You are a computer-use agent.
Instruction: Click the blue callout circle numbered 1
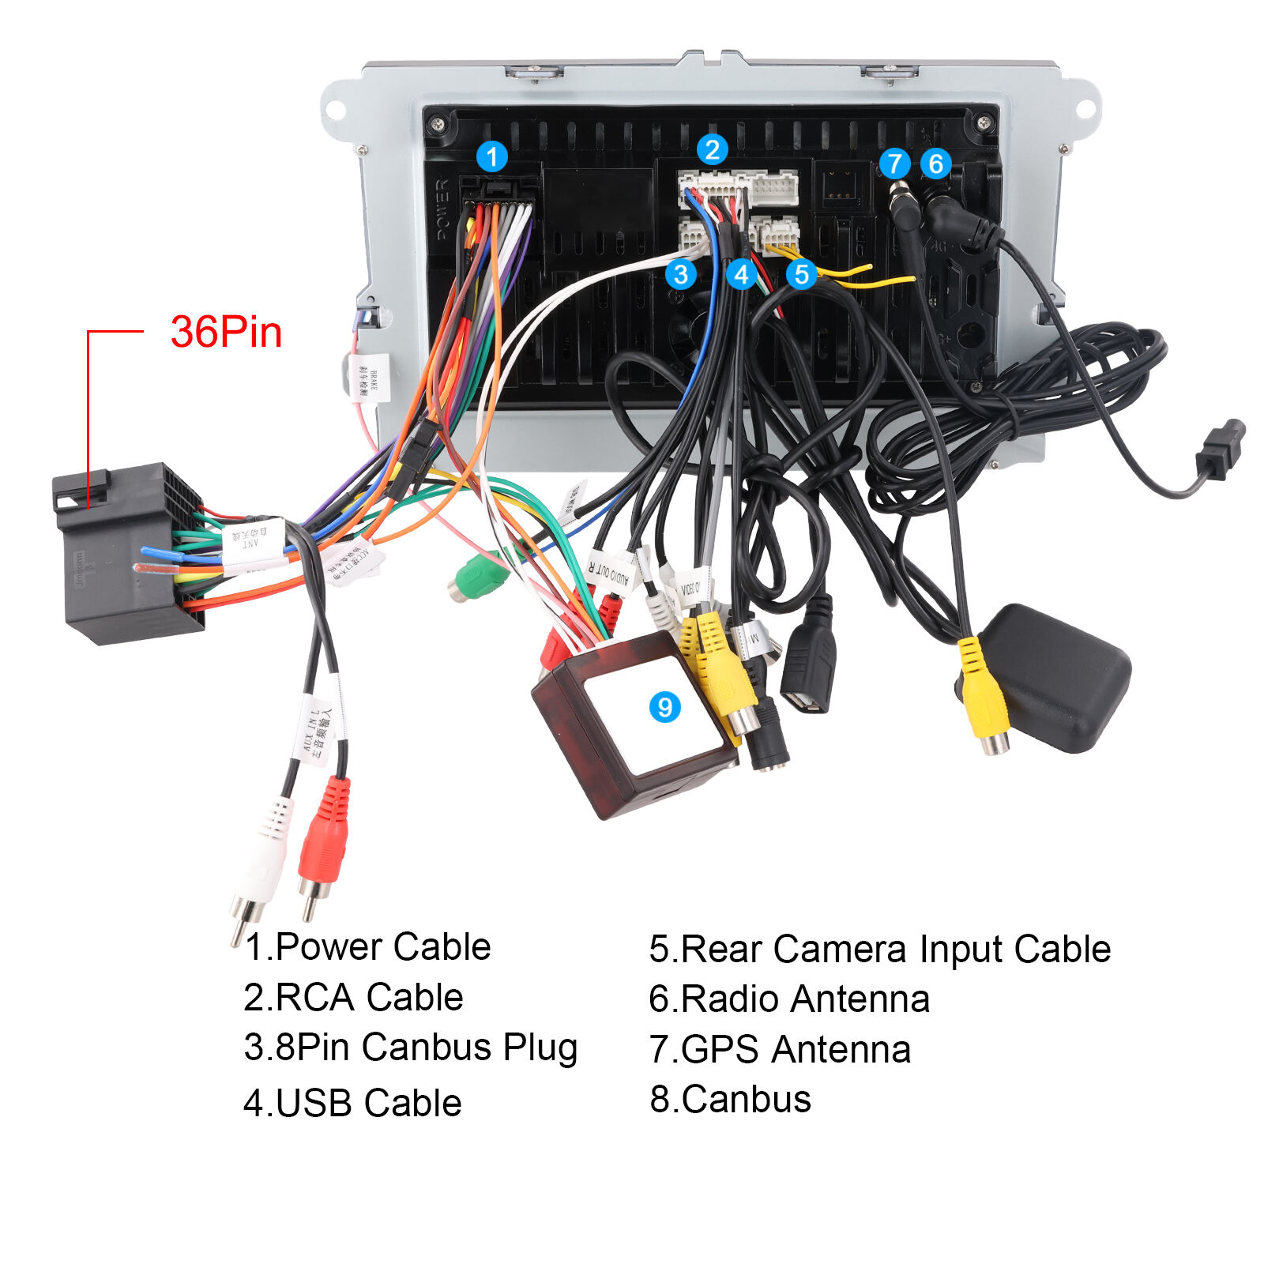(x=492, y=156)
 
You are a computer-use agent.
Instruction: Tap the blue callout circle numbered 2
(x=712, y=149)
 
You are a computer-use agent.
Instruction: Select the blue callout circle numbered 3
(x=680, y=274)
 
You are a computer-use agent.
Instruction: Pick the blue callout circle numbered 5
(x=801, y=274)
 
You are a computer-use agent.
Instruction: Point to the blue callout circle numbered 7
(x=894, y=164)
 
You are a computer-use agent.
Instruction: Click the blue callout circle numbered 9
(x=664, y=706)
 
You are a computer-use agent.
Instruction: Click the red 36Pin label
(x=226, y=332)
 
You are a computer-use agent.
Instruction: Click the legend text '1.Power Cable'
(x=367, y=946)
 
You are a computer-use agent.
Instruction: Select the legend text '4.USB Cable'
(x=352, y=1103)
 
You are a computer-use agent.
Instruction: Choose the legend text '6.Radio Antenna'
(x=788, y=999)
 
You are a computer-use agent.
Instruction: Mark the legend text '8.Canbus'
(x=730, y=1099)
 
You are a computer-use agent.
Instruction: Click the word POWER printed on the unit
(x=442, y=209)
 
